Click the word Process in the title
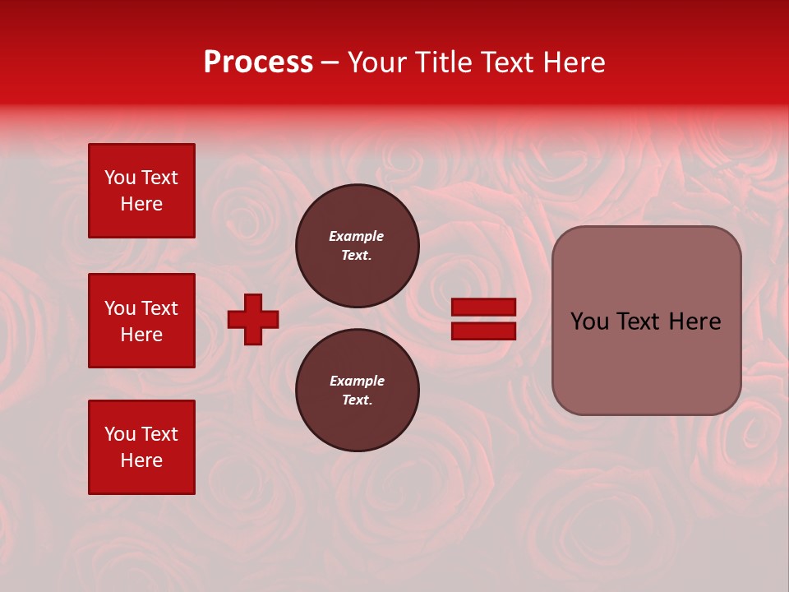(x=258, y=62)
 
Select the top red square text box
(x=141, y=191)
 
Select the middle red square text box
(x=141, y=321)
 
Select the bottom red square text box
(x=141, y=447)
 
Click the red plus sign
(x=253, y=319)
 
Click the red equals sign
(x=484, y=319)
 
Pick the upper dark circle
(x=358, y=246)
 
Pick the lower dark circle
(x=358, y=391)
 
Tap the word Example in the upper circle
(x=357, y=236)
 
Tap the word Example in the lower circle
(x=357, y=381)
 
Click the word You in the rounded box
(x=588, y=321)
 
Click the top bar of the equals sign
(x=484, y=307)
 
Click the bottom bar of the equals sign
(x=484, y=331)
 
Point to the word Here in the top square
(x=141, y=204)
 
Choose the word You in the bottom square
(x=120, y=434)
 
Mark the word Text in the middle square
(x=159, y=308)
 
